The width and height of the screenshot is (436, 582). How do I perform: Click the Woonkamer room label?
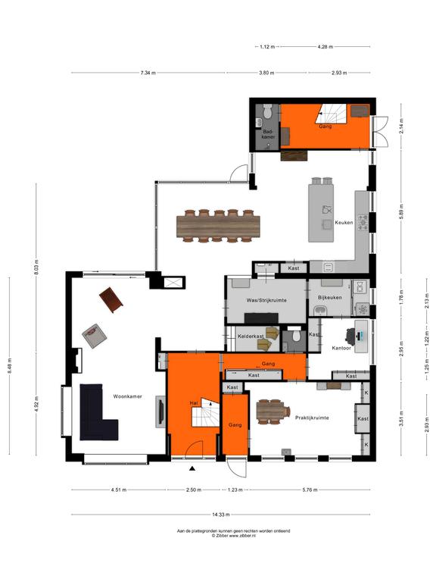point(127,396)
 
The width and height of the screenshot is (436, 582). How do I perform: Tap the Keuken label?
point(344,222)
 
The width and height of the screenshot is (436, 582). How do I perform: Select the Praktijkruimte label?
point(312,418)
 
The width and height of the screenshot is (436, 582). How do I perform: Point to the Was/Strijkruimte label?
point(266,300)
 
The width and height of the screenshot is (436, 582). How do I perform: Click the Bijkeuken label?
point(329,297)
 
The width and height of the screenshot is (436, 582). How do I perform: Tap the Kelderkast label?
point(251,336)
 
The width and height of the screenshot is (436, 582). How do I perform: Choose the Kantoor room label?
point(341,348)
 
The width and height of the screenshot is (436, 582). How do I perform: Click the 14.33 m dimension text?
point(220,515)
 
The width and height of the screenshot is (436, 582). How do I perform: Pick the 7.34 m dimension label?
point(148,73)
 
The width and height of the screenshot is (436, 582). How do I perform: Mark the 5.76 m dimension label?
point(310,490)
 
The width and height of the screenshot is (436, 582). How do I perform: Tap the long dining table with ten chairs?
point(218,226)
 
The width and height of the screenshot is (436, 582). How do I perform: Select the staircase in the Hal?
point(205,413)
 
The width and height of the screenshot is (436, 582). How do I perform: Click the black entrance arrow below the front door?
point(192,468)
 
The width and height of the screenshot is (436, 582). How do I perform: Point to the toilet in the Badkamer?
point(267,110)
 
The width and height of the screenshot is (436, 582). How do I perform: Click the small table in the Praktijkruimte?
point(273,411)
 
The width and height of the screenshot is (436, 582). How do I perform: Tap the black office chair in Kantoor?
point(350,335)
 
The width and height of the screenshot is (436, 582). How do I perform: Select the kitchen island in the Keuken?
point(321,213)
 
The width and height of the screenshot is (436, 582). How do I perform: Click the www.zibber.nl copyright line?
point(234,536)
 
